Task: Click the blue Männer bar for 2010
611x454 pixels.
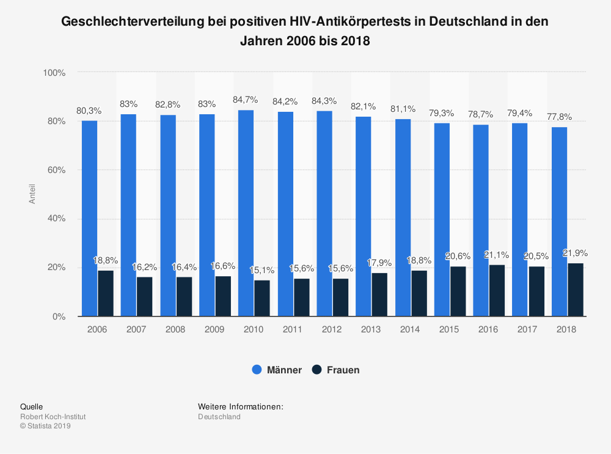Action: (246, 213)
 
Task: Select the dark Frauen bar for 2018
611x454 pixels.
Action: (576, 290)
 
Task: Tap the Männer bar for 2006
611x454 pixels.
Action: (89, 218)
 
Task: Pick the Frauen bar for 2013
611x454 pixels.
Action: (379, 295)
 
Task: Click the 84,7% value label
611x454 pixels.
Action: (246, 100)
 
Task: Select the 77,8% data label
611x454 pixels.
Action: (559, 117)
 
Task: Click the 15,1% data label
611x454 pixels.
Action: (262, 269)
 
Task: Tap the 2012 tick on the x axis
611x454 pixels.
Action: (332, 329)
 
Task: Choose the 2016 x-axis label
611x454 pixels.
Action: (489, 329)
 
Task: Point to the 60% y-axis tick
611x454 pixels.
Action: (54, 170)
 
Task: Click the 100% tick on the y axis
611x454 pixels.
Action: (53, 73)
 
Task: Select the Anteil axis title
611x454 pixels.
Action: (32, 194)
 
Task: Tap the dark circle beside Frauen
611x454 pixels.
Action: (316, 370)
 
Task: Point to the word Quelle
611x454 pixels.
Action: (31, 406)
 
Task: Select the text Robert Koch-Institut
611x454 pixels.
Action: (53, 417)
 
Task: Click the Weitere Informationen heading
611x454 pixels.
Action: (240, 406)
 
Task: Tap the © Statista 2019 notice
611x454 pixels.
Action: (46, 427)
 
